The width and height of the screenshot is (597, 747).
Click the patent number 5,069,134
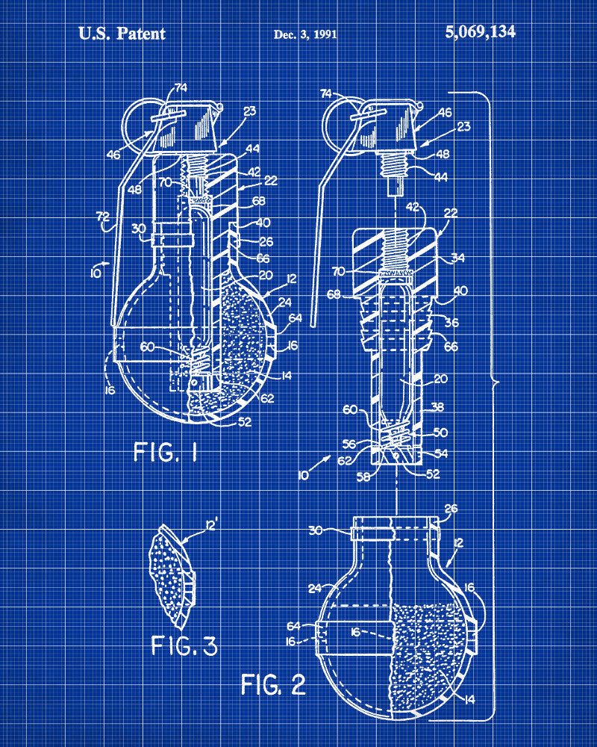tap(480, 32)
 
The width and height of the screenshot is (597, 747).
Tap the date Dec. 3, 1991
tap(305, 34)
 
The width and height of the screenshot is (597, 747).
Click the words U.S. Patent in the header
tap(122, 34)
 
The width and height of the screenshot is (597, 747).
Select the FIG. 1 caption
tap(165, 452)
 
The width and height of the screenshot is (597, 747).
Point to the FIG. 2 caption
tap(273, 684)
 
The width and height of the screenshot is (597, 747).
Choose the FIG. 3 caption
tap(184, 646)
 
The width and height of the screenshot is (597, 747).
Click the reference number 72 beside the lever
tap(103, 217)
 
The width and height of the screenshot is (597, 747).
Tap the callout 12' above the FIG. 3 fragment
tap(211, 525)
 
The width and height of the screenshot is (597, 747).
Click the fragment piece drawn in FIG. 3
tap(173, 577)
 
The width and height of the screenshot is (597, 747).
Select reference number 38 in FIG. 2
tap(437, 406)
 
